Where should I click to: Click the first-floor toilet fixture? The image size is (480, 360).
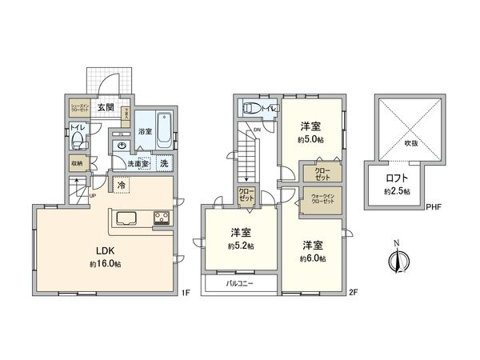(78, 141)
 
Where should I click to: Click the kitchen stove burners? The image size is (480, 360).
(160, 218)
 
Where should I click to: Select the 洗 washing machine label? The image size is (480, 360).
(163, 164)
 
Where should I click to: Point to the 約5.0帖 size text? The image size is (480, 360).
(311, 140)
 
